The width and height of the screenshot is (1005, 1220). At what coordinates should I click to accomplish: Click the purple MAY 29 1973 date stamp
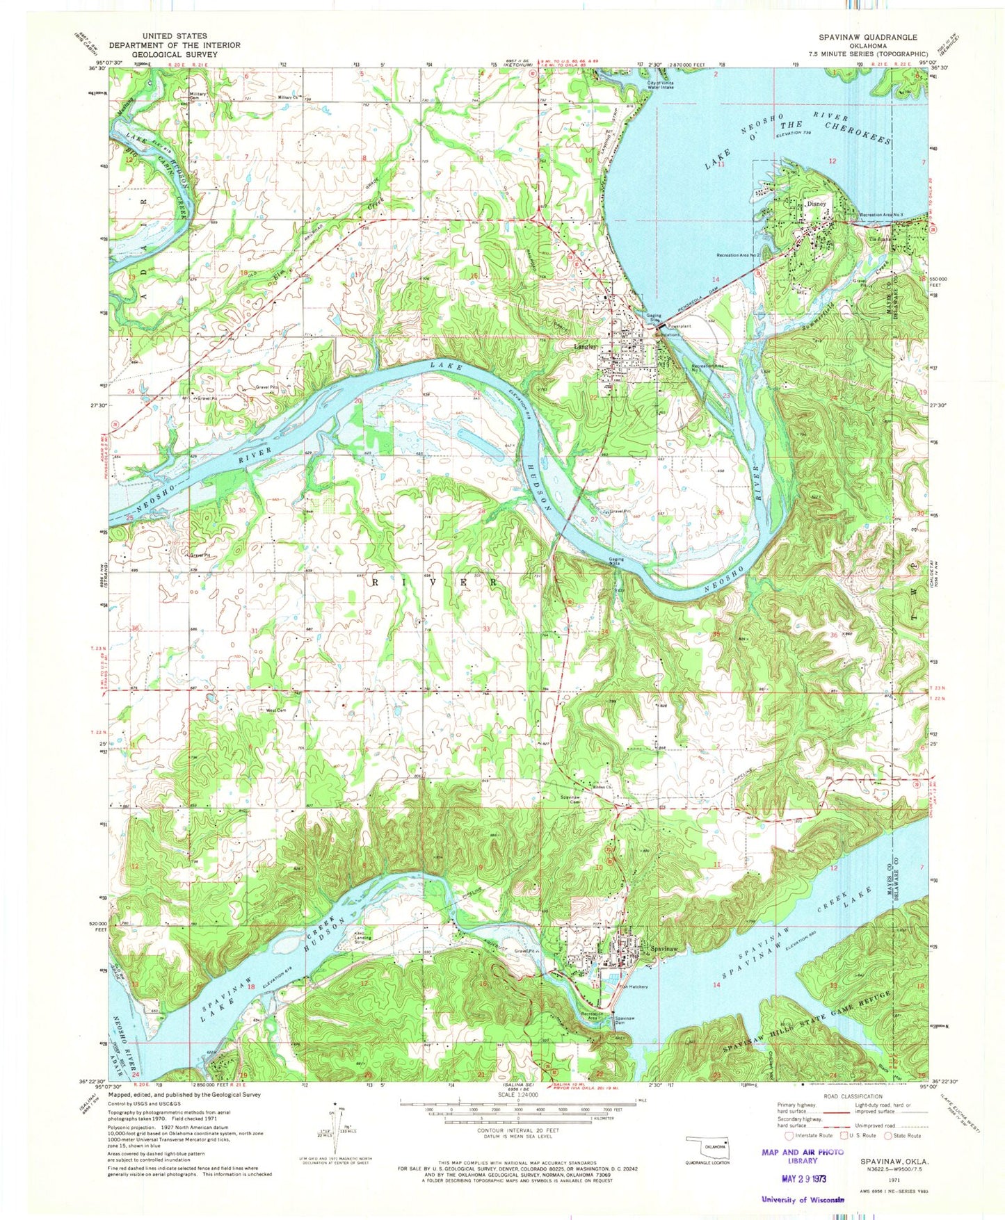[x=803, y=1179]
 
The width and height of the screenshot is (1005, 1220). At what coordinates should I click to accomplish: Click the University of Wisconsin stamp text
[x=803, y=1199]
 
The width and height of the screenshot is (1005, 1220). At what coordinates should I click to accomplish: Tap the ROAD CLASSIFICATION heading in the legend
[x=843, y=1096]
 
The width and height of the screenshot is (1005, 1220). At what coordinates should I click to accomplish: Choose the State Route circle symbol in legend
[x=888, y=1136]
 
